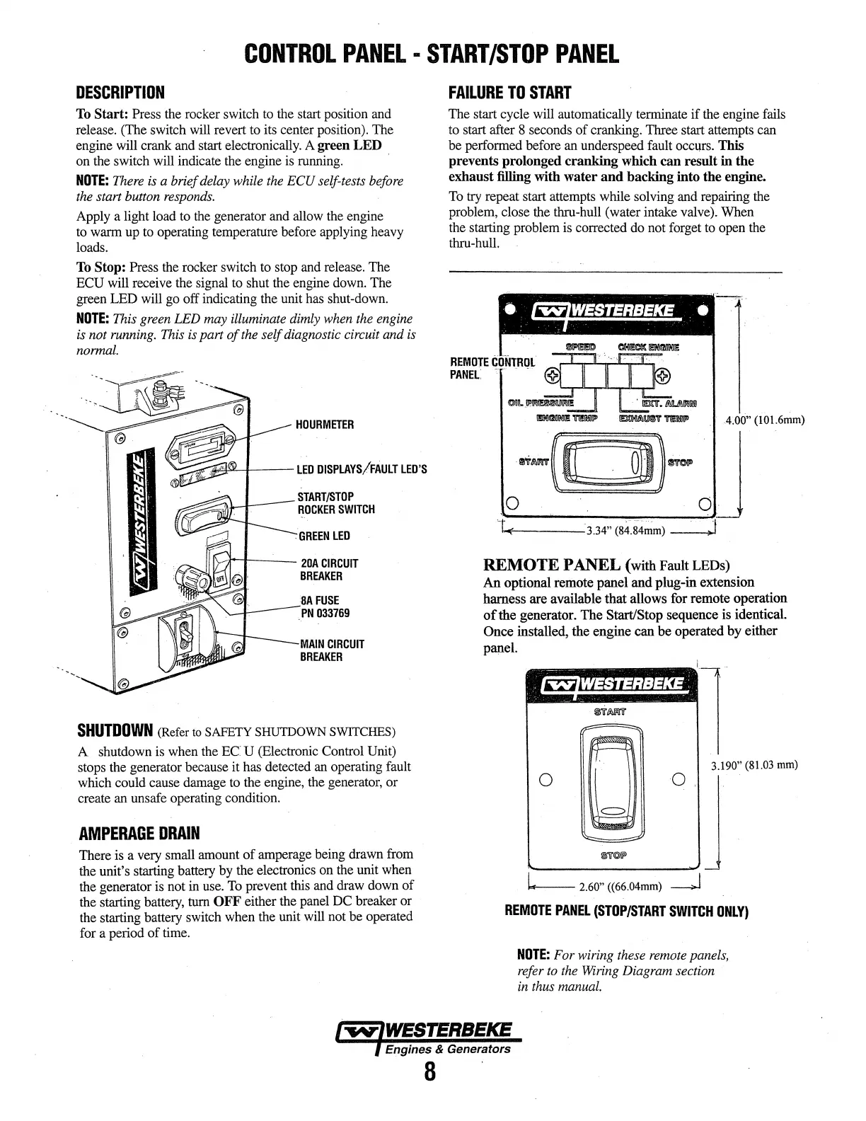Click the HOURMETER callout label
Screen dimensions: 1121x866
(325, 425)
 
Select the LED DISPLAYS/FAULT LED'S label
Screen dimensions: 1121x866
(362, 470)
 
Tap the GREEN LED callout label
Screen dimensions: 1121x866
(324, 536)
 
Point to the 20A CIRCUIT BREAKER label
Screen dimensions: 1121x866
(330, 570)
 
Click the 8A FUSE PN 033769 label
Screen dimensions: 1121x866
(325, 607)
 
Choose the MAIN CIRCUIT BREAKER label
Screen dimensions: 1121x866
(333, 650)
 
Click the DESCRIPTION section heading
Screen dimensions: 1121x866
(120, 93)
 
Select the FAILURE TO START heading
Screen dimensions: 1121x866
(509, 93)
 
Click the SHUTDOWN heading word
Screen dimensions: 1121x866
(115, 730)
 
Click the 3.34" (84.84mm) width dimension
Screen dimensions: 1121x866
(625, 531)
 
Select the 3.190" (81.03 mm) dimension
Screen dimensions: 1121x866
(754, 765)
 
